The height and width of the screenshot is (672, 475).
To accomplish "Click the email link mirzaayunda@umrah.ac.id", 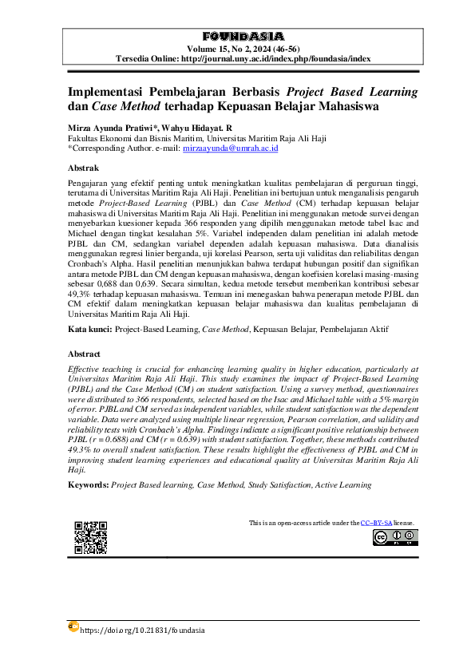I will tap(230, 148).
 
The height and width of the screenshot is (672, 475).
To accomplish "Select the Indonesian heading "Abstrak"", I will tap(83, 168).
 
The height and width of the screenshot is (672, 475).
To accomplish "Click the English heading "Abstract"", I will tap(84, 353).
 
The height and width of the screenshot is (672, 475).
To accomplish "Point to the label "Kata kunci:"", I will tap(89, 328).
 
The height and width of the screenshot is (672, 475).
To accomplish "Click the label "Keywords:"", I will tap(88, 484).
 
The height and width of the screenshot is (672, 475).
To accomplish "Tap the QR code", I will tap(90, 537).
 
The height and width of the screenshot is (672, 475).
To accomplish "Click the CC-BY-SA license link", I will tap(375, 523).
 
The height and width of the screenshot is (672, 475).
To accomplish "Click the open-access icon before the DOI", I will tap(73, 628).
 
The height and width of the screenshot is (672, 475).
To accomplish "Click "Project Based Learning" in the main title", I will tap(350, 92).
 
